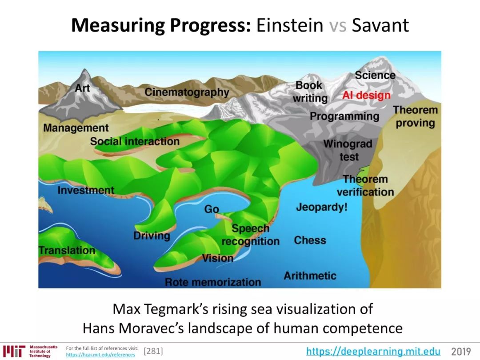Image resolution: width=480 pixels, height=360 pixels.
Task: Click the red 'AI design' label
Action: [366, 95]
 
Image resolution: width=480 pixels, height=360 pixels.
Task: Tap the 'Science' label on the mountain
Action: [375, 75]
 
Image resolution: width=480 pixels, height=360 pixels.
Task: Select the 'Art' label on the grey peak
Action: [82, 88]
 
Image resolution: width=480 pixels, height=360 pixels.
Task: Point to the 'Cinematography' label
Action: [187, 92]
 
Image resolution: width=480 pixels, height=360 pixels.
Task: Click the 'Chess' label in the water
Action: [310, 240]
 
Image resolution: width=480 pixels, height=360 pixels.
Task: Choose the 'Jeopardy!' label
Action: [322, 207]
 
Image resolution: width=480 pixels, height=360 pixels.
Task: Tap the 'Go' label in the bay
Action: [212, 209]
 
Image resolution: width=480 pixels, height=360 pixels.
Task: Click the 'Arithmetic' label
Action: [310, 276]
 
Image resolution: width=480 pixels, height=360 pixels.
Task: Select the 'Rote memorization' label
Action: [213, 282]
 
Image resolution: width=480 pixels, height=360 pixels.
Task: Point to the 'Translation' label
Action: [67, 250]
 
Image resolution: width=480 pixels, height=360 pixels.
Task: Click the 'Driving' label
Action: [152, 236]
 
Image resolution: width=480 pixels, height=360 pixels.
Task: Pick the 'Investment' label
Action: [86, 190]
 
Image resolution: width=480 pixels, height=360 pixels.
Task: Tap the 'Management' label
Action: [76, 128]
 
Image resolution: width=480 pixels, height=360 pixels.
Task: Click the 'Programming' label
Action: [344, 116]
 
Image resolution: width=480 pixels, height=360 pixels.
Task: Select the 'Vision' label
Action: [218, 258]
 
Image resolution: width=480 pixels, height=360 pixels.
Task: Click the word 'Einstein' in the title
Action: [290, 25]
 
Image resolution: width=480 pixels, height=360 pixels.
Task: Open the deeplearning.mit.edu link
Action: [373, 351]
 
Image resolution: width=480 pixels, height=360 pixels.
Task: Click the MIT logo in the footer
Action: [14, 351]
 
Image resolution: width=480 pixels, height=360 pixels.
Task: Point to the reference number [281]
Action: [153, 351]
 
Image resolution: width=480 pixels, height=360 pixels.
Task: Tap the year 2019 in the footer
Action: [461, 351]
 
